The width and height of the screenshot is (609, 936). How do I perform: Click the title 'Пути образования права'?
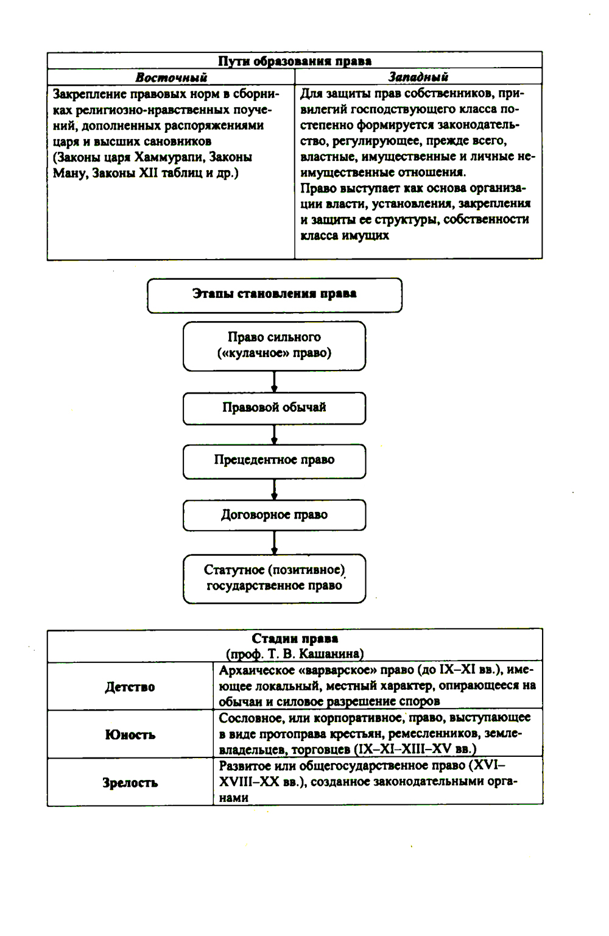coord(294,61)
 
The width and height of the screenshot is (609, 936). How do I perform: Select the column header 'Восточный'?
coord(171,77)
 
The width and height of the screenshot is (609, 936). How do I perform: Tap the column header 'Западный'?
coord(418,77)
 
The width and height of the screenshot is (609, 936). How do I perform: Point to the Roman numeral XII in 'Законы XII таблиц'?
coord(149,173)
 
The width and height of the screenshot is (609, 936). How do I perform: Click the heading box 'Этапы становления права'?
coord(274,294)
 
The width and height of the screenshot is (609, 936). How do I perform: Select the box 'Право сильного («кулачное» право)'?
coord(274,346)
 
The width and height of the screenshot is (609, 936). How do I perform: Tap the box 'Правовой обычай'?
coord(274,408)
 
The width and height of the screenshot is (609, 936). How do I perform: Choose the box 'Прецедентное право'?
coord(274,460)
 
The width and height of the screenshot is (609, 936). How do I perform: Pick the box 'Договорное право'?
coord(274,515)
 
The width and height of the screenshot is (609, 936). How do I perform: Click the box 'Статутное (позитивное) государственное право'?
coord(274,578)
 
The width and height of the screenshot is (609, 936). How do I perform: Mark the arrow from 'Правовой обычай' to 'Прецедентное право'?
coord(274,435)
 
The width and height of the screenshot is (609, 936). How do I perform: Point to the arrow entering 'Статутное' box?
coord(274,543)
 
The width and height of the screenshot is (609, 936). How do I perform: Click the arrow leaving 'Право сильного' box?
coord(274,381)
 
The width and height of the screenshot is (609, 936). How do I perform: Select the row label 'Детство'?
coord(130,687)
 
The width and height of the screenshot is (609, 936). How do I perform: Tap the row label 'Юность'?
coord(130,735)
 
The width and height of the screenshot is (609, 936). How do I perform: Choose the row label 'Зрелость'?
coord(130,783)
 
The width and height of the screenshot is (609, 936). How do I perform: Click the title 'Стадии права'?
coord(295,639)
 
